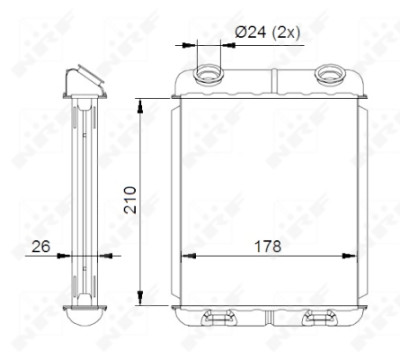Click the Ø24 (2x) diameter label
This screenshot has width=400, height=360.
click(267, 33)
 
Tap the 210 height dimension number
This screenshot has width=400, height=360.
click(130, 200)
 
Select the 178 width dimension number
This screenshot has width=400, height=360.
click(268, 246)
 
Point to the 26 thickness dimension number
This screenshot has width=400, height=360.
click(41, 246)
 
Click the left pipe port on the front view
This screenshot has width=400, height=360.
click(209, 75)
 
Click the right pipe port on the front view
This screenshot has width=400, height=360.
click(330, 75)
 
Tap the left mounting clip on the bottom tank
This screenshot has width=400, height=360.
click(218, 317)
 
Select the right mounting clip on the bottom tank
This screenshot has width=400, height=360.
click(319, 317)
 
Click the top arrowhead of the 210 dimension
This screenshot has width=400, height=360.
click(140, 106)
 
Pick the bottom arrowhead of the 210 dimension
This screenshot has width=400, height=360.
click(140, 297)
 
